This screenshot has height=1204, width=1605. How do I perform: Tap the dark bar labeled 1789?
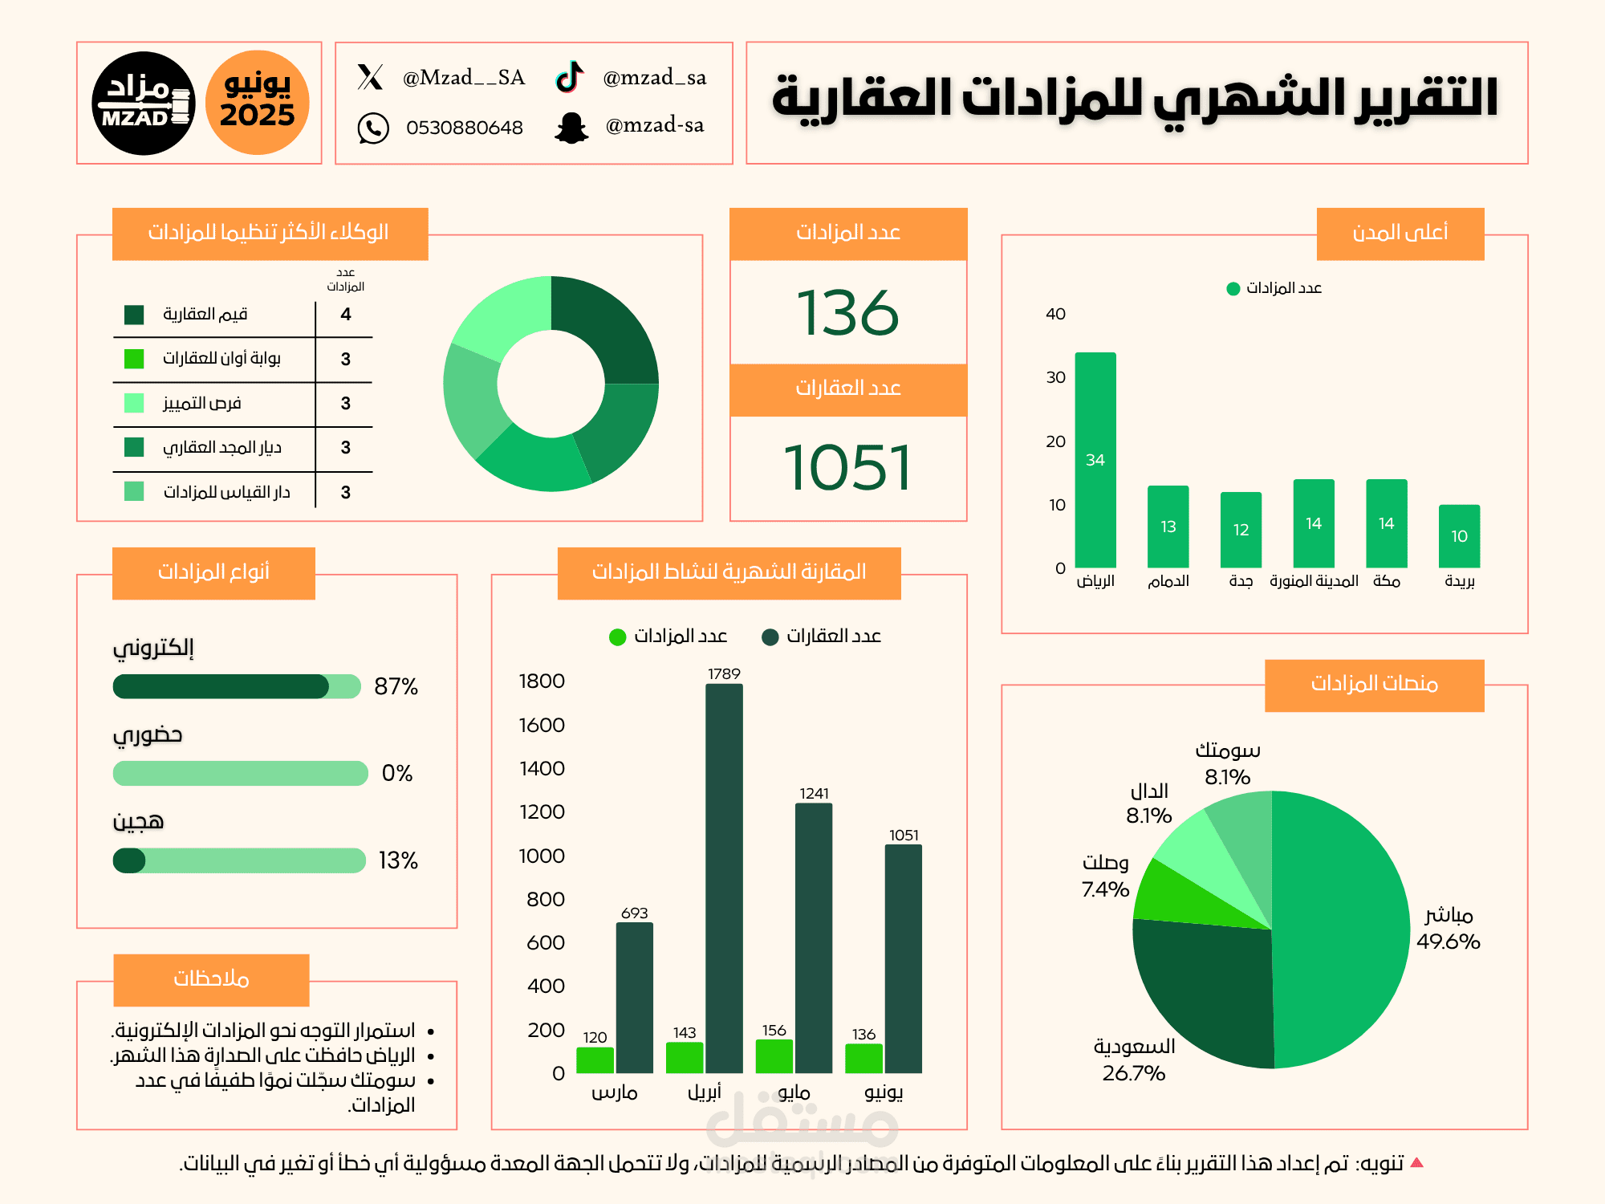(x=724, y=878)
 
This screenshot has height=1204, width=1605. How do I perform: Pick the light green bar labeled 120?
(x=595, y=1060)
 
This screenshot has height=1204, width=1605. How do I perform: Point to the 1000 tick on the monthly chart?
(x=542, y=856)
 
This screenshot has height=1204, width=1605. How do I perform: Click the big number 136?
(x=847, y=313)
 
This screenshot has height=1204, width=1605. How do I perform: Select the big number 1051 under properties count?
(x=847, y=468)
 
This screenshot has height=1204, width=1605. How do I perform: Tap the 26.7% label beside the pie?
(x=1133, y=1073)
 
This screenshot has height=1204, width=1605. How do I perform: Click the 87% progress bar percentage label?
(x=396, y=686)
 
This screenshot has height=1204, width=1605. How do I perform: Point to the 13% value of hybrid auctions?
(x=398, y=860)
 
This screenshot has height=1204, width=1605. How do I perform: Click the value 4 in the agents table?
(x=346, y=314)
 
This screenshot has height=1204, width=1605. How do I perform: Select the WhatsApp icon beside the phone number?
(x=373, y=128)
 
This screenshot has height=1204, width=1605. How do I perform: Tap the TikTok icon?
(x=570, y=77)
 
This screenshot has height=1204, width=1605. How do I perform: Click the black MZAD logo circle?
(x=144, y=103)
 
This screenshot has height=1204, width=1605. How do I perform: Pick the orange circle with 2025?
(x=258, y=103)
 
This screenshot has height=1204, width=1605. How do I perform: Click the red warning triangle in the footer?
(x=1416, y=1162)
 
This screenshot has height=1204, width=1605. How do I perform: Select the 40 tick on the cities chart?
(x=1055, y=314)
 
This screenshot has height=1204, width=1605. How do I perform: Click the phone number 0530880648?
(x=464, y=128)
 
